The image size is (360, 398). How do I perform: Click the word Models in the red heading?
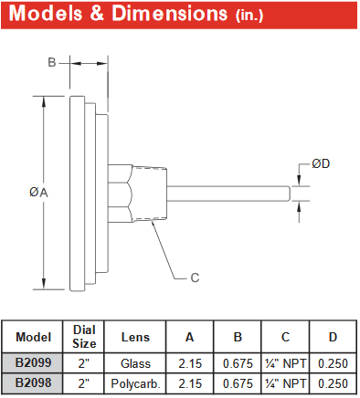(x=46, y=14)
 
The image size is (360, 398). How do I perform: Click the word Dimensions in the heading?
(x=170, y=14)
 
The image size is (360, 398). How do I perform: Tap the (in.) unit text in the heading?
(x=249, y=15)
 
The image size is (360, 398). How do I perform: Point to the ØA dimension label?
(x=38, y=193)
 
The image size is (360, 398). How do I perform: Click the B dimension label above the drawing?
(x=52, y=62)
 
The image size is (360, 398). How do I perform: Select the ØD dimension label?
(x=321, y=164)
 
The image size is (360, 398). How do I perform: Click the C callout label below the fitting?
(x=195, y=278)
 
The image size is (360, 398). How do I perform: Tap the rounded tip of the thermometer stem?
(x=288, y=194)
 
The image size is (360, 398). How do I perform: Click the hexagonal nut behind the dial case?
(x=121, y=194)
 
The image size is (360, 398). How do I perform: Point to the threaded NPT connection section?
(x=150, y=194)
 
